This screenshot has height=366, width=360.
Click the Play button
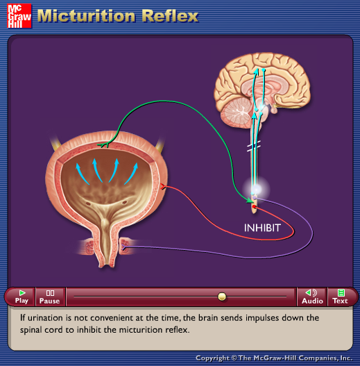coord(22,297)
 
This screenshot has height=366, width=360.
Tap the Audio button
coord(312,297)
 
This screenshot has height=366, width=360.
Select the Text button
coord(340,297)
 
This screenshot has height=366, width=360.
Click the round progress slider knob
coord(222,297)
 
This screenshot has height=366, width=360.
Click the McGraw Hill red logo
coord(19,16)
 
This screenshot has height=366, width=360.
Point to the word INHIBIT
coord(262,228)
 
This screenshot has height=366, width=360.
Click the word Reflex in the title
coord(170,16)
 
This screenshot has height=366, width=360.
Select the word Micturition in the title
coord(86,16)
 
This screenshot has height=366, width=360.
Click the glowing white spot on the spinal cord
coord(256,189)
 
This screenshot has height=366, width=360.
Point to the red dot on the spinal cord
coord(254,206)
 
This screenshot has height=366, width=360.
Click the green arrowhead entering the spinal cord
coord(250,200)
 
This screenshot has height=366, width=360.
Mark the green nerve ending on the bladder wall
coord(104,145)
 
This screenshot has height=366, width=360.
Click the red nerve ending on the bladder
coord(163,186)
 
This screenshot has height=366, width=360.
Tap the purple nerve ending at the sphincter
coord(124,247)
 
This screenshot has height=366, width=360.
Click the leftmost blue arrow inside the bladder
coord(82,174)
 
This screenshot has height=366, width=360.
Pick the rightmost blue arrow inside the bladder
coord(131,174)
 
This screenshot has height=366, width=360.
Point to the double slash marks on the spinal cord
coord(254,146)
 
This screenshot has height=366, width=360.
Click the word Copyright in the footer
coord(212,358)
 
